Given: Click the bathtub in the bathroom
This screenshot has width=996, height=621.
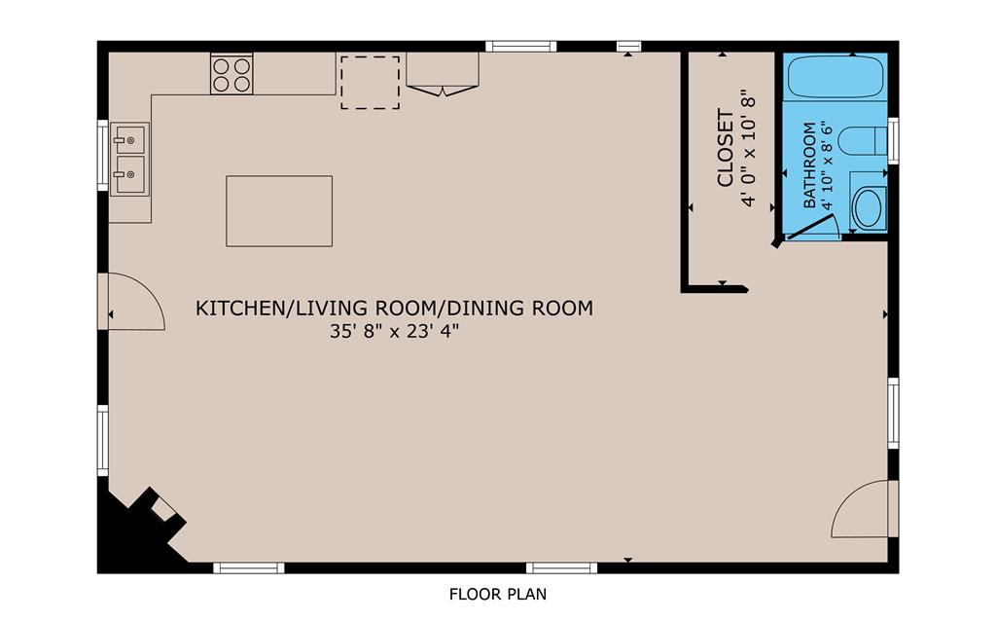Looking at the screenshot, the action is coord(836,77).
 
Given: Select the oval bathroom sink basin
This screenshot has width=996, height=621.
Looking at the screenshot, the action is coord(868,208).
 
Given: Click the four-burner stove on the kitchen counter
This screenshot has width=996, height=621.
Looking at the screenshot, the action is coord(231,75).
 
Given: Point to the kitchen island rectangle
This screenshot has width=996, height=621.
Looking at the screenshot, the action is coord(279,211).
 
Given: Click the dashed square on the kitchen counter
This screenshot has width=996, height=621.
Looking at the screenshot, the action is coord(371,83).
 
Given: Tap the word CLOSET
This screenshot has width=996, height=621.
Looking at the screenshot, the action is coord(726,148).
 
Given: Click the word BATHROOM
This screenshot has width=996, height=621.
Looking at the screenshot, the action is coord(809,165).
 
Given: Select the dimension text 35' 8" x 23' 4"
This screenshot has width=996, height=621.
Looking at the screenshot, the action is coord(394,331).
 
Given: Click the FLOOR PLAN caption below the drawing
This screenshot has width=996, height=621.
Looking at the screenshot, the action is coord(498,595).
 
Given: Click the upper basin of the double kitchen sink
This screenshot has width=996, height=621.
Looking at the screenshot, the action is coord(128,139).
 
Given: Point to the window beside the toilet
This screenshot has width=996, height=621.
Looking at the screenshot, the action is coord(893,141).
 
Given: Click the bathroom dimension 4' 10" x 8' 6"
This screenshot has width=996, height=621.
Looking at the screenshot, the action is coord(827,165).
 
